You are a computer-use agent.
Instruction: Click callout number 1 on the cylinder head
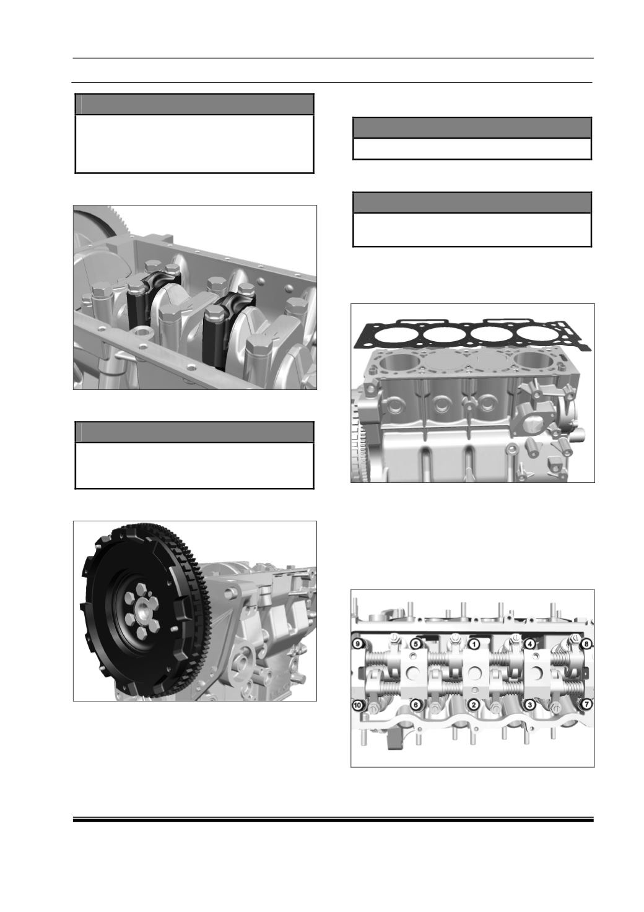click(473, 644)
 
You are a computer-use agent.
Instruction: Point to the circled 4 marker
click(529, 644)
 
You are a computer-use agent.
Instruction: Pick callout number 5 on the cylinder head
click(416, 644)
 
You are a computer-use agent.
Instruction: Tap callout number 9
click(358, 644)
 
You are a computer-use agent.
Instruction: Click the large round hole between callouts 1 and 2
click(474, 673)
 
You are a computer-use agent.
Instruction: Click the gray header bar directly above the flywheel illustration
click(194, 432)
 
